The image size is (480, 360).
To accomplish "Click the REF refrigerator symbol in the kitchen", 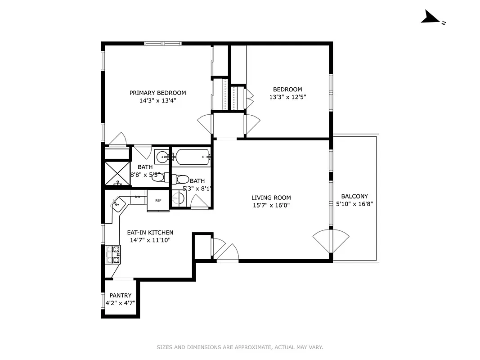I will pyautogui.click(x=158, y=201).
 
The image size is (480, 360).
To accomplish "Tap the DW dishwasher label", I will pyautogui.click(x=138, y=197).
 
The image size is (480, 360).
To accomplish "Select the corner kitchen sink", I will pyautogui.click(x=117, y=204).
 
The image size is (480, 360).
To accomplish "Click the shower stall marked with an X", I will pyautogui.click(x=117, y=174).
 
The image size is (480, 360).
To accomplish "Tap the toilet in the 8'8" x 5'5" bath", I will pyautogui.click(x=158, y=177).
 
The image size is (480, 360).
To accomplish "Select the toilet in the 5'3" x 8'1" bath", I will pyautogui.click(x=182, y=180).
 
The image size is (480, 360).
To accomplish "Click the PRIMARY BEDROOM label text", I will pyautogui.click(x=157, y=93).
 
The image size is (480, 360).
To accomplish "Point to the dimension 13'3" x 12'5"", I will pyautogui.click(x=288, y=97).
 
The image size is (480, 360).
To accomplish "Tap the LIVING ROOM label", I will pyautogui.click(x=271, y=198).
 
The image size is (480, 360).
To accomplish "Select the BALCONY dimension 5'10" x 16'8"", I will pyautogui.click(x=354, y=203).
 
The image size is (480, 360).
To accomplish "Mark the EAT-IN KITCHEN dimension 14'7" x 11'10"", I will pyautogui.click(x=150, y=240).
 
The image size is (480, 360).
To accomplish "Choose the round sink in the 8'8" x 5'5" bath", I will pyautogui.click(x=162, y=157).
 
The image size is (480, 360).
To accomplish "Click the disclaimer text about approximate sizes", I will pyautogui.click(x=240, y=347).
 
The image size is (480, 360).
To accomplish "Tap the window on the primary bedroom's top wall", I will pyautogui.click(x=163, y=44).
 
